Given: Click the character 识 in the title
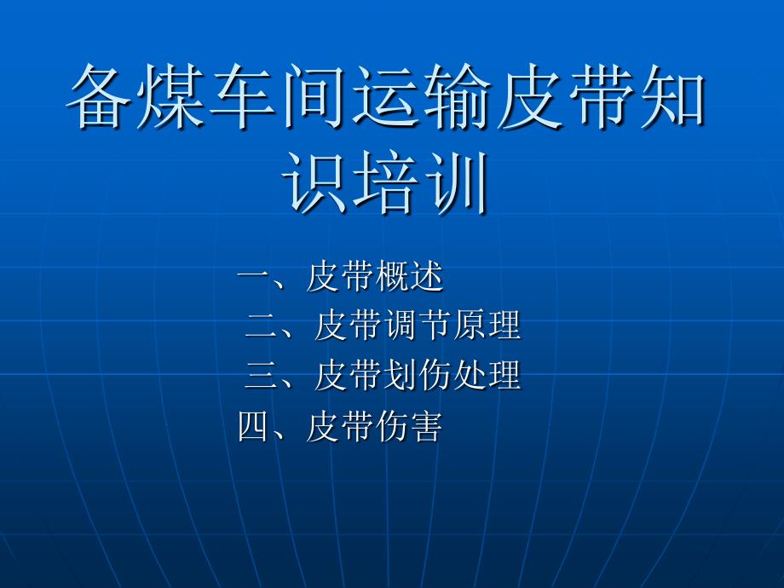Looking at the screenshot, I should [x=316, y=182].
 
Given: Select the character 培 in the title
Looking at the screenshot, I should [x=388, y=182].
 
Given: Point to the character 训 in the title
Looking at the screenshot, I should [x=459, y=182].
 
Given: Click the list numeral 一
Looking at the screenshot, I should [x=254, y=277].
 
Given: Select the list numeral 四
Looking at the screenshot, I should [x=254, y=425].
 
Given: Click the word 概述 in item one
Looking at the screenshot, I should [x=409, y=277].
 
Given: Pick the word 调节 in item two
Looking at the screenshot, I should [x=417, y=326].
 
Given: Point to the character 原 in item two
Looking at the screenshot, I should [x=469, y=326].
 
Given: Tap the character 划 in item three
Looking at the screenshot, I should [x=401, y=375].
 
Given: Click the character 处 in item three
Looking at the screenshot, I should [x=469, y=375].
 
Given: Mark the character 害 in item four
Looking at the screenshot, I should [x=426, y=425].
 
